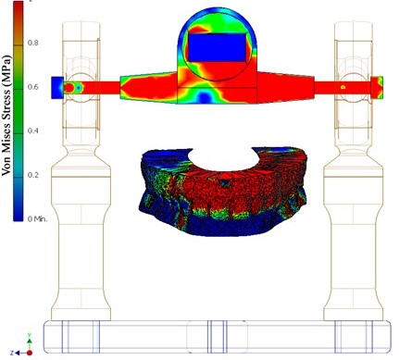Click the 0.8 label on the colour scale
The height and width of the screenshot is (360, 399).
click(x=33, y=43)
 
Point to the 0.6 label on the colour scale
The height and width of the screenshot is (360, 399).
click(x=33, y=87)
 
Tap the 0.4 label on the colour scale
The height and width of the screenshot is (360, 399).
click(x=33, y=130)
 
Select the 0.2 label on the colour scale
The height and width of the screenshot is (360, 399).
click(x=33, y=175)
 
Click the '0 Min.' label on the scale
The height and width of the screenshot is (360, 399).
click(x=37, y=219)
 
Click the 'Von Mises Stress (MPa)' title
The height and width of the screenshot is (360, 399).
click(x=6, y=116)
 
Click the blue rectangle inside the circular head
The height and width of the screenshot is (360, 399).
click(x=218, y=47)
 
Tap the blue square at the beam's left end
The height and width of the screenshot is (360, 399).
click(x=57, y=88)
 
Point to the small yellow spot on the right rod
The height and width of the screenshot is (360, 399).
click(x=343, y=87)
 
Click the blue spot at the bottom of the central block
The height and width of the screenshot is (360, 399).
click(x=204, y=96)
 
